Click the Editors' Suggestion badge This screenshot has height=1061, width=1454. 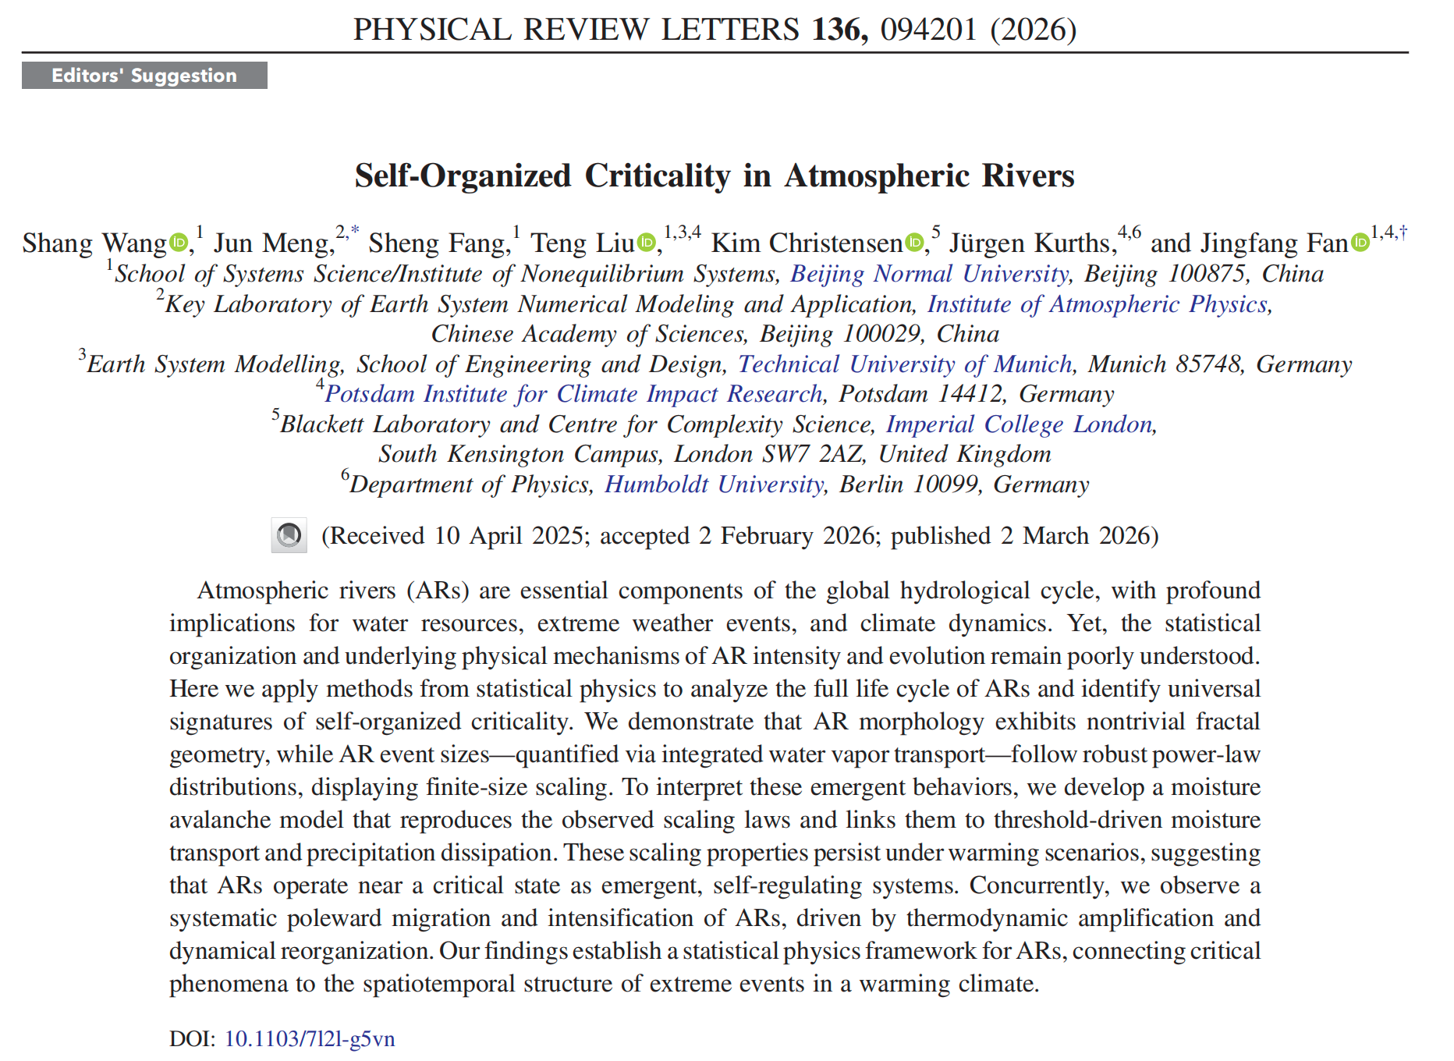144,76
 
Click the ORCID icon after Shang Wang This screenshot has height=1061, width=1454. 179,243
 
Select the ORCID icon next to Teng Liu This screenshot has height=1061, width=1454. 646,243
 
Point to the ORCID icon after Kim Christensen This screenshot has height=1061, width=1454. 914,243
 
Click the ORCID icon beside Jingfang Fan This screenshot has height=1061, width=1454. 1360,243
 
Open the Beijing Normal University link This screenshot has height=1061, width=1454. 929,274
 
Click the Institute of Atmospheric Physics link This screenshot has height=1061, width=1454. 1098,304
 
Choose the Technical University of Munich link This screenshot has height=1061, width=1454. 906,364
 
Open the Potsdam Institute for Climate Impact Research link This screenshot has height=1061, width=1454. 574,394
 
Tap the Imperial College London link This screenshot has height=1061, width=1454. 1020,424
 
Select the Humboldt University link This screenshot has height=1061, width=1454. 715,484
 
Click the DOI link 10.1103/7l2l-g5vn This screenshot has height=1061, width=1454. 310,1039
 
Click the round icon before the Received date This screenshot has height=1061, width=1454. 289,535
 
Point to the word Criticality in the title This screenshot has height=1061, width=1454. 658,176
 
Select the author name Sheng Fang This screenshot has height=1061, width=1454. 438,243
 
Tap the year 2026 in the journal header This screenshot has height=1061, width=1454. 1034,30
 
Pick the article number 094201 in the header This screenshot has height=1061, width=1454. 928,30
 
